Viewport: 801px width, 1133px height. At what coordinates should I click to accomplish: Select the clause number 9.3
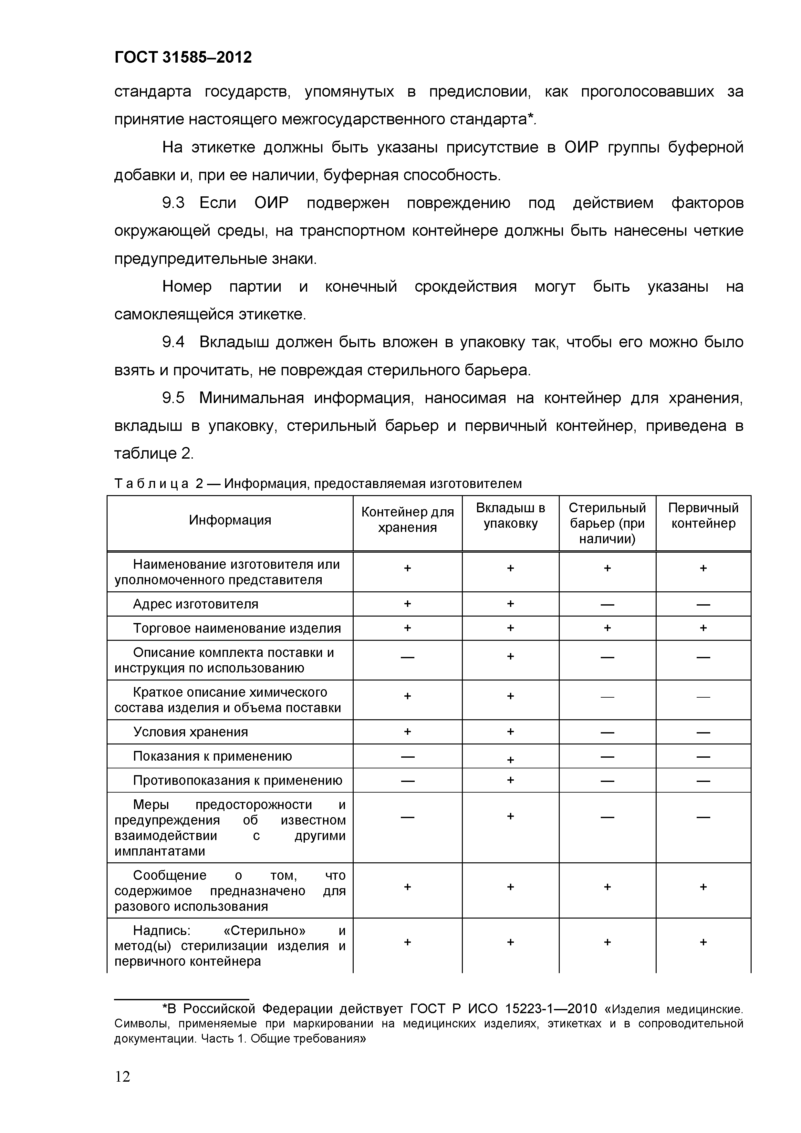(173, 203)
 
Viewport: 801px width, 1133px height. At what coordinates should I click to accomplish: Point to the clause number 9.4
(173, 342)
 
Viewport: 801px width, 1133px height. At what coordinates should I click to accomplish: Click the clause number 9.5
(173, 398)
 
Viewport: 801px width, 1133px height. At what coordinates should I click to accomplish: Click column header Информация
(230, 520)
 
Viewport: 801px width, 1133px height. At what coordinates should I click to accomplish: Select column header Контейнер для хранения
(407, 520)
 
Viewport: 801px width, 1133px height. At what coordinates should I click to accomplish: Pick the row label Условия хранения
(191, 732)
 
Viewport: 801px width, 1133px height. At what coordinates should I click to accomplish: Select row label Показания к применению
(212, 756)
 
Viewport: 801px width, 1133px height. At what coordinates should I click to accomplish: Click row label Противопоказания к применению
(237, 780)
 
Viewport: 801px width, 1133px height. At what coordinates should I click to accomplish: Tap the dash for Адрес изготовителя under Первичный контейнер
(703, 605)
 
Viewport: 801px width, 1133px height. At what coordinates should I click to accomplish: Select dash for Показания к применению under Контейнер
(407, 756)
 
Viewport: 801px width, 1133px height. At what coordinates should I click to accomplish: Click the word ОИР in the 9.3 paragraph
(271, 203)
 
